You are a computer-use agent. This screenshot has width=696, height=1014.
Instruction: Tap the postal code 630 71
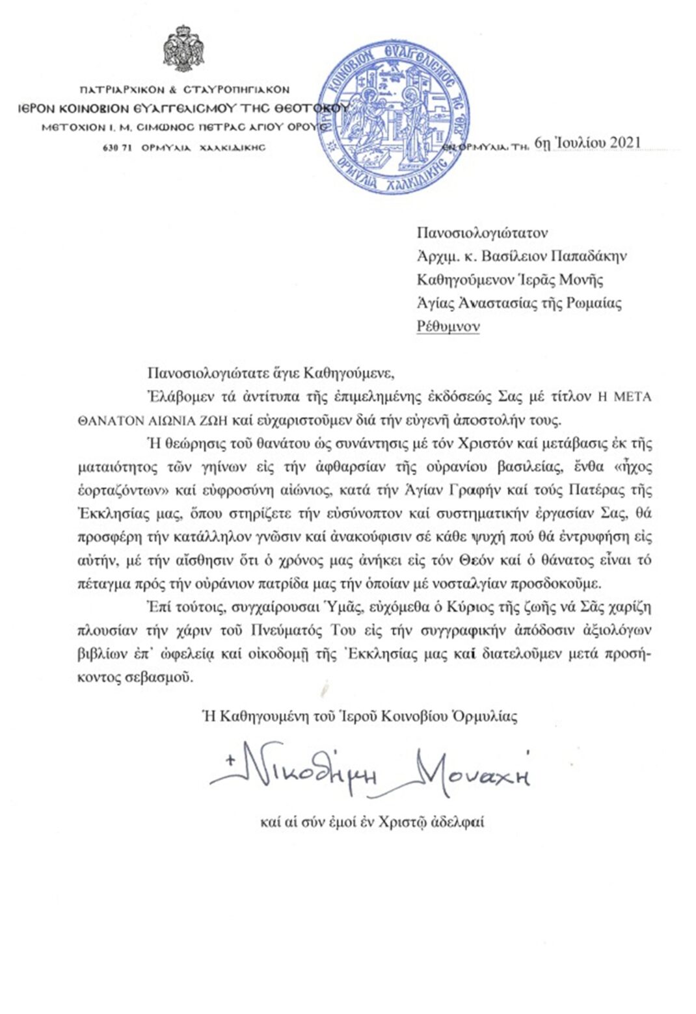click(x=118, y=148)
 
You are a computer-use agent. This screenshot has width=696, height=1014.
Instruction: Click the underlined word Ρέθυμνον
click(x=448, y=326)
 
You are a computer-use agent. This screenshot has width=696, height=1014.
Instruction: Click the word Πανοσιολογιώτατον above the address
click(x=482, y=233)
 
